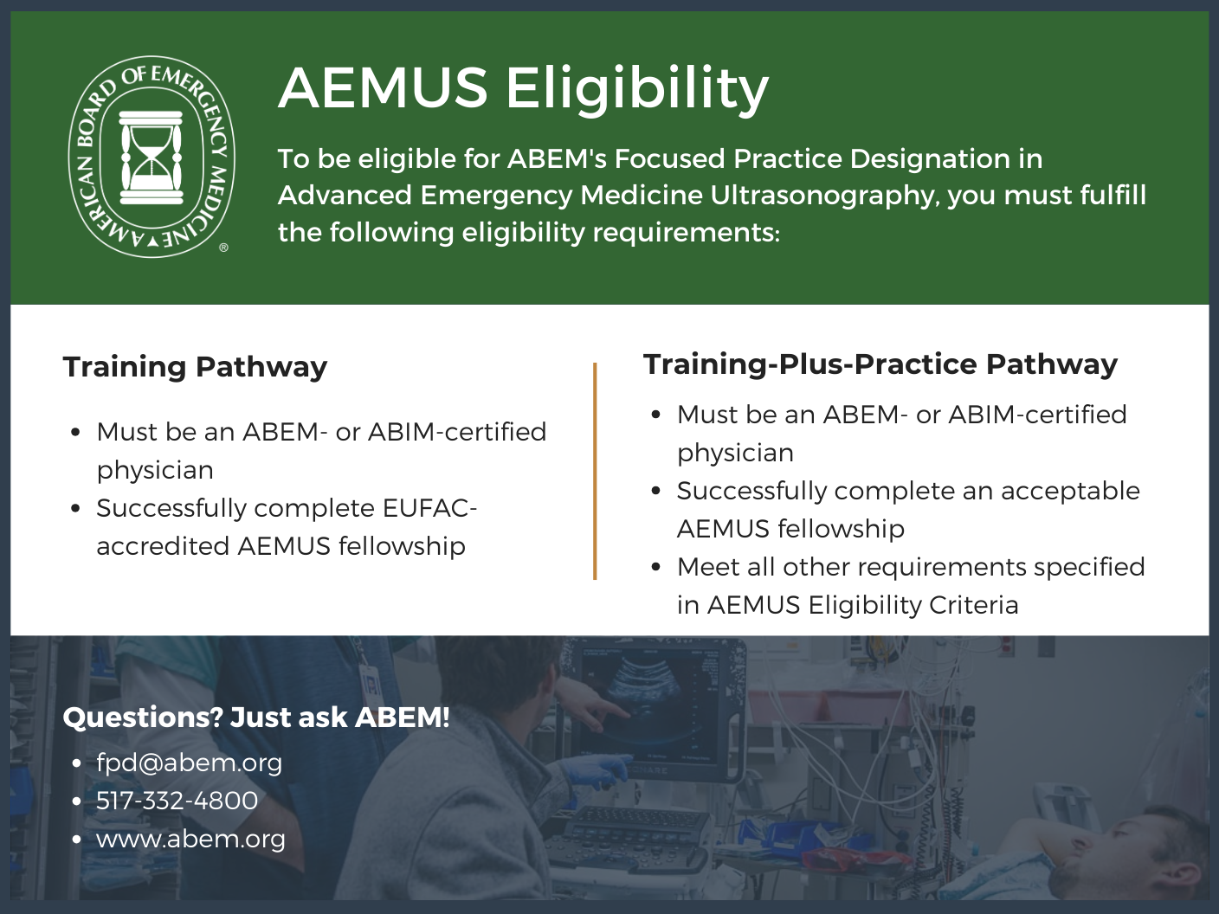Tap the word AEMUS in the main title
(x=384, y=88)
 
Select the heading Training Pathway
(x=195, y=367)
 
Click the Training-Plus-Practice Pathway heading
(x=880, y=364)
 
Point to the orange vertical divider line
(x=595, y=471)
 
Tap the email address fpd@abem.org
(x=189, y=763)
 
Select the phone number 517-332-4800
(x=177, y=801)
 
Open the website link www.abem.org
(x=190, y=839)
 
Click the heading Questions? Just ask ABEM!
(x=256, y=718)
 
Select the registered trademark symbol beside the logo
(x=223, y=248)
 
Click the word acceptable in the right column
(x=1070, y=491)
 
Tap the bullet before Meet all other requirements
(x=656, y=567)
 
